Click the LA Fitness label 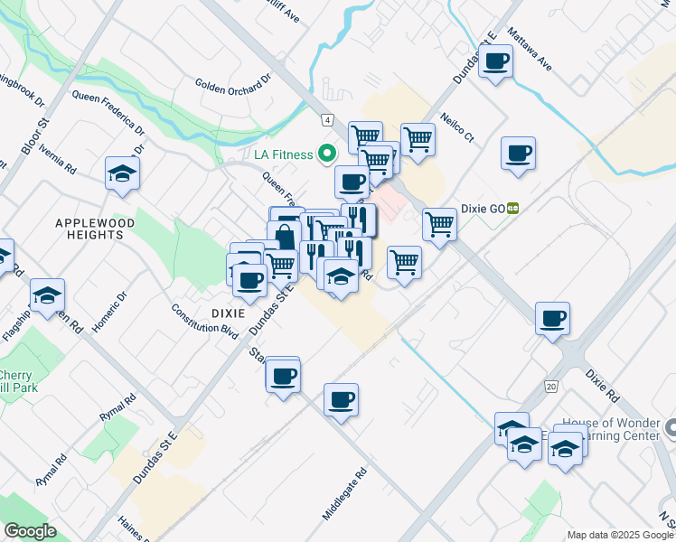pyautogui.click(x=283, y=154)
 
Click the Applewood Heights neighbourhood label pyautogui.click(x=95, y=229)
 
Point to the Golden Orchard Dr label pyautogui.click(x=233, y=84)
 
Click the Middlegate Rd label pyautogui.click(x=345, y=493)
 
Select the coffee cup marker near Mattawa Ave pyautogui.click(x=495, y=61)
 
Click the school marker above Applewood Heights pyautogui.click(x=122, y=172)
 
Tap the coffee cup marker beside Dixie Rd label pyautogui.click(x=552, y=318)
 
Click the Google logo pyautogui.click(x=30, y=530)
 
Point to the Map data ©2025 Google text pyautogui.click(x=619, y=535)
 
